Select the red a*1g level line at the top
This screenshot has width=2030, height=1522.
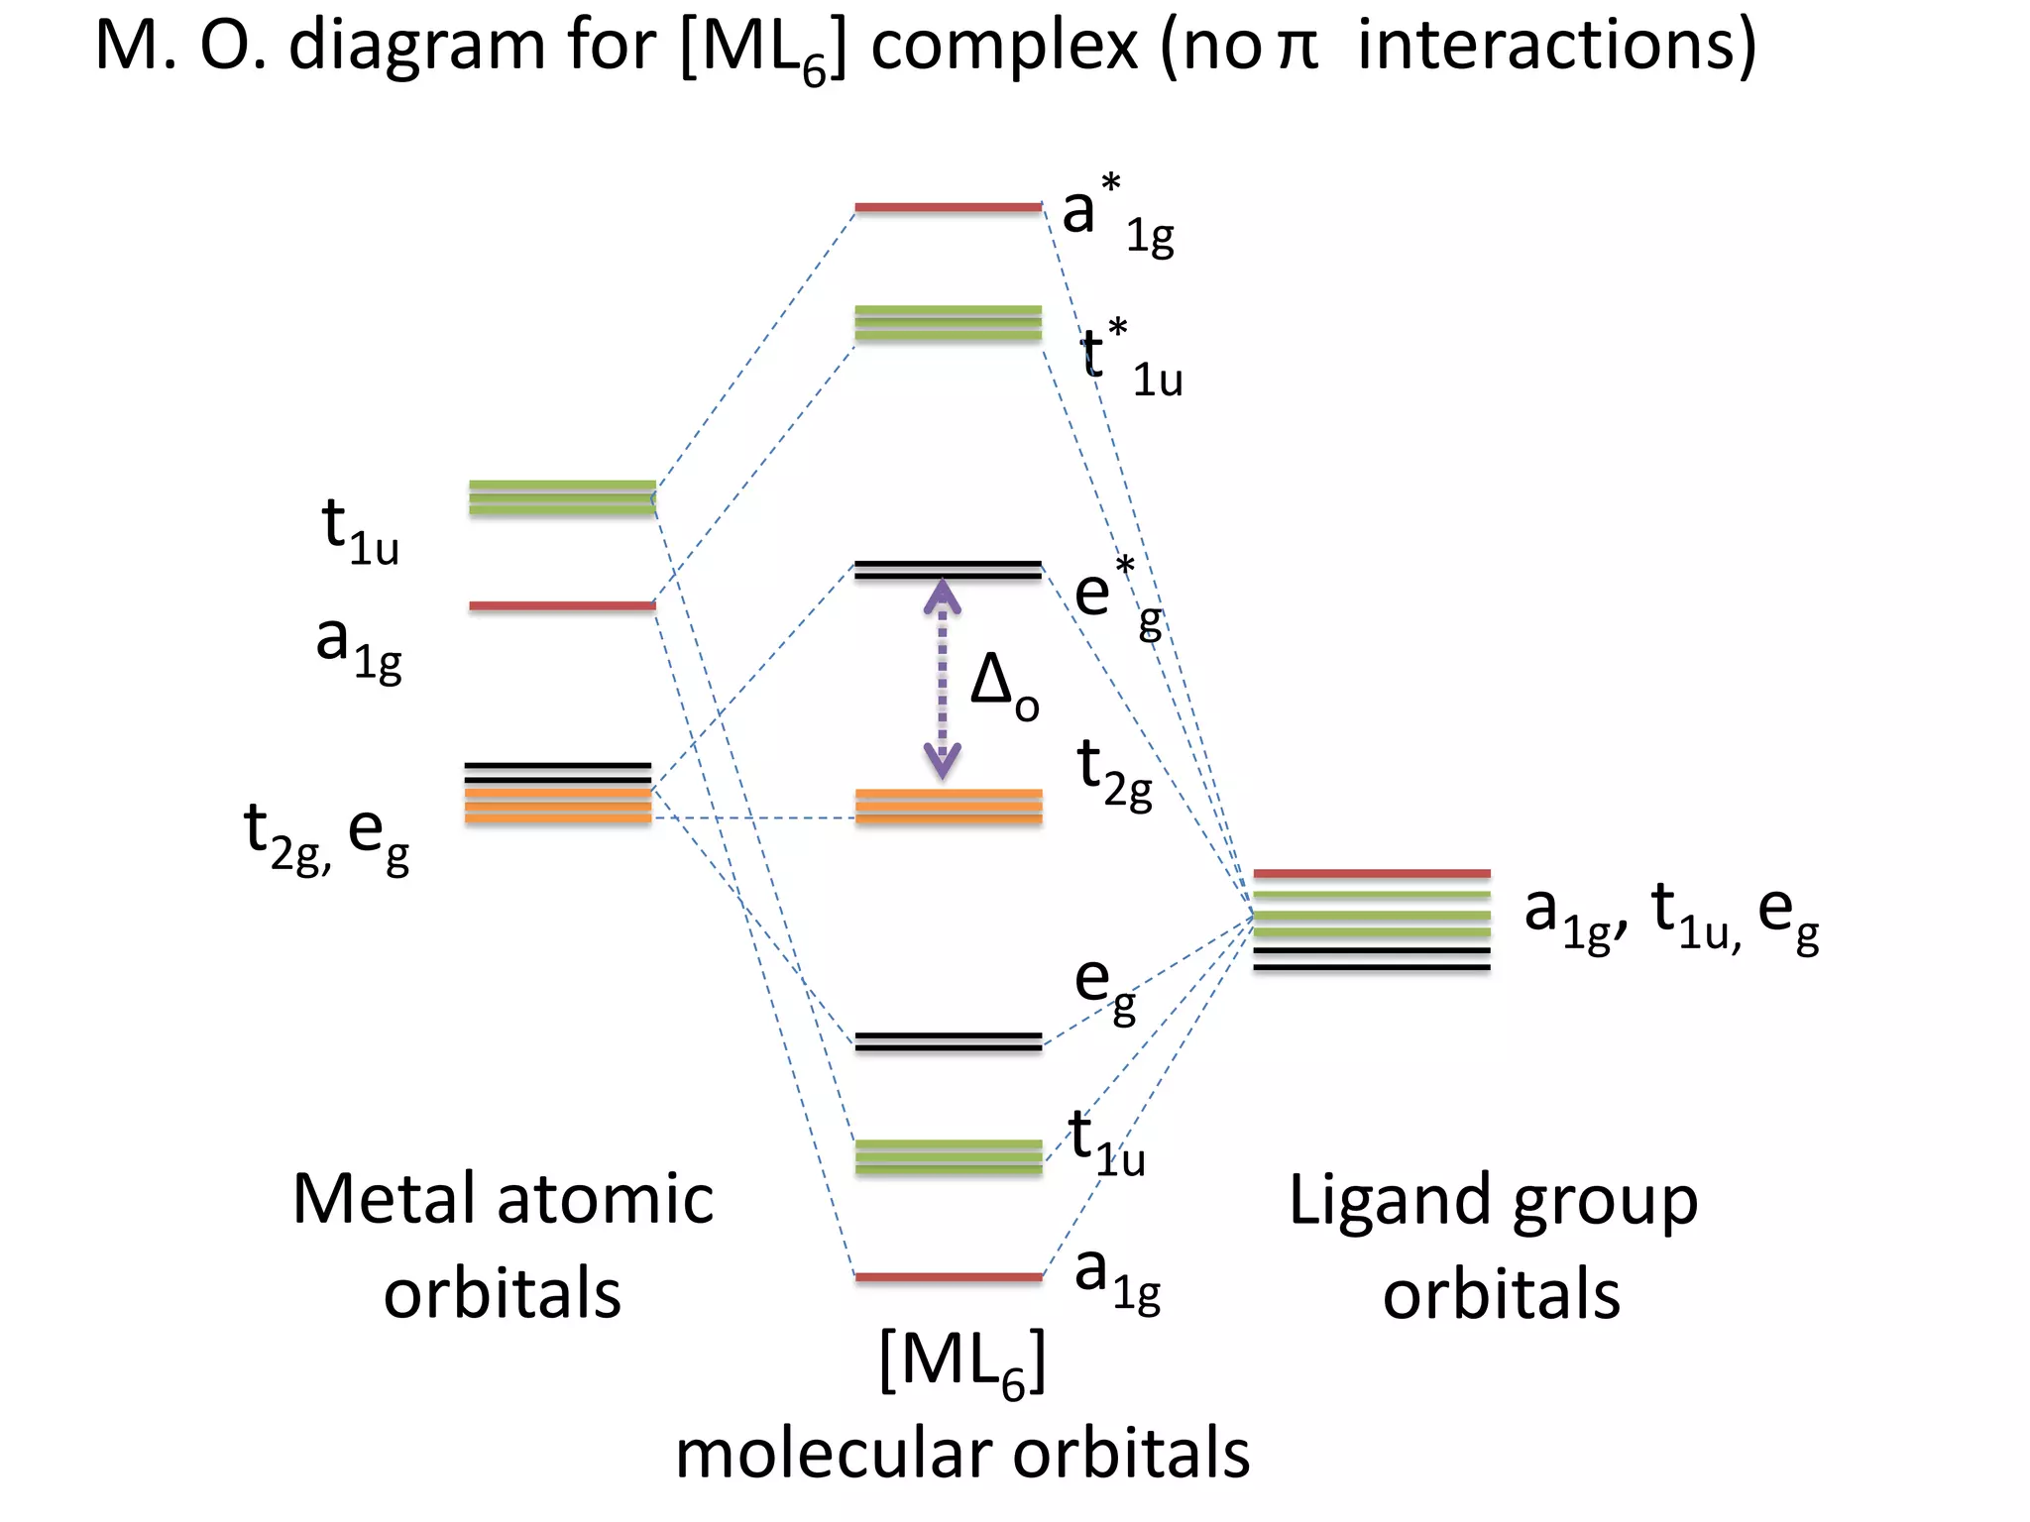click(x=948, y=207)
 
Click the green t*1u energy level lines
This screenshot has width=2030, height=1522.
click(x=948, y=323)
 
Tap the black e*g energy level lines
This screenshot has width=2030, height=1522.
click(x=948, y=570)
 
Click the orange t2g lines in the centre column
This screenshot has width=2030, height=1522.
click(x=948, y=807)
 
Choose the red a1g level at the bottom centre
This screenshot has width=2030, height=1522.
click(x=948, y=1277)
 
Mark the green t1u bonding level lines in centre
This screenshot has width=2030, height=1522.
click(x=948, y=1157)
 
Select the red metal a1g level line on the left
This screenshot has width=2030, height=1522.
click(x=562, y=605)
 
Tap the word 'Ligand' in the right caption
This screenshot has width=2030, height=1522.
click(x=1389, y=1201)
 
